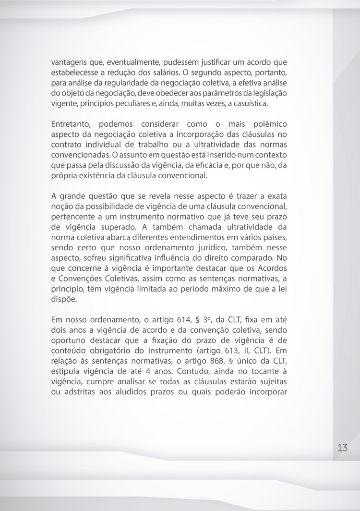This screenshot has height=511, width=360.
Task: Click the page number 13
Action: click(342, 447)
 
